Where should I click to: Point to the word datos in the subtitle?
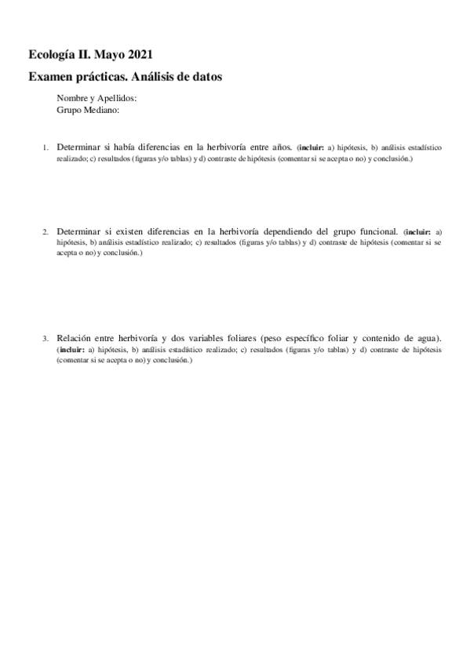click(x=206, y=77)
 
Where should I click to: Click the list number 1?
click(x=46, y=147)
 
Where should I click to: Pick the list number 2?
click(x=46, y=232)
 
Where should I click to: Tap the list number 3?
click(x=46, y=338)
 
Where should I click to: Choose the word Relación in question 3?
click(x=75, y=337)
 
